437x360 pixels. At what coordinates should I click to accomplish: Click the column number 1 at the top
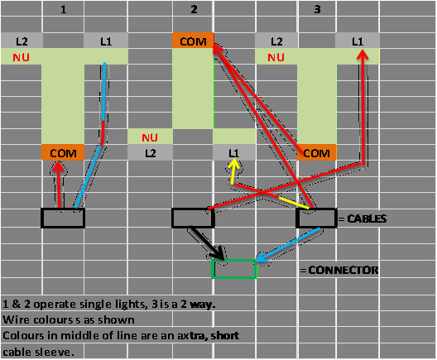tap(64, 10)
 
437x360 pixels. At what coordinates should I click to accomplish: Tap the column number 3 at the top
tap(318, 10)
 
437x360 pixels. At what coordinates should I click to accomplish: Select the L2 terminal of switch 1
tap(22, 41)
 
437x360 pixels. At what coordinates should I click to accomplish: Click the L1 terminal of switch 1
tap(105, 41)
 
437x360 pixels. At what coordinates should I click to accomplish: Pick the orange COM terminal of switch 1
tap(63, 153)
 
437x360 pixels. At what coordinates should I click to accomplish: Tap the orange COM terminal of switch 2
tap(193, 41)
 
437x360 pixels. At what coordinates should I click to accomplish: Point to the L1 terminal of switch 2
tap(234, 153)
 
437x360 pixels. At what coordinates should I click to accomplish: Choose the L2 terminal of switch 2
tap(150, 153)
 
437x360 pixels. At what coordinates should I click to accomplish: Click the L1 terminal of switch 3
tap(358, 41)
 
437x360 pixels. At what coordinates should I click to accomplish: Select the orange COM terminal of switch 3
tap(317, 153)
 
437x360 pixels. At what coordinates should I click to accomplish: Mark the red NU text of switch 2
tap(150, 137)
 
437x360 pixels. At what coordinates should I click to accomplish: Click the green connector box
tap(234, 269)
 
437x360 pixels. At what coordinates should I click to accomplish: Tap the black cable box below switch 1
tap(63, 218)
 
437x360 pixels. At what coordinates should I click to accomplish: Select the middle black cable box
tap(193, 218)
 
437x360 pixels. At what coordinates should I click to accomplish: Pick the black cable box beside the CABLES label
tap(317, 218)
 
